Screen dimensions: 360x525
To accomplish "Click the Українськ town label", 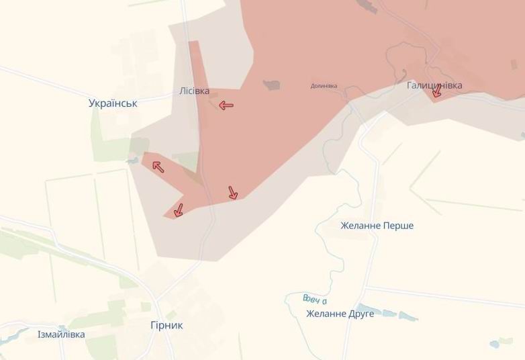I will tap(113, 103).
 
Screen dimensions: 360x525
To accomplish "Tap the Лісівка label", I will tap(195, 91).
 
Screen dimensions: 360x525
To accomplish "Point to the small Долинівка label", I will tap(324, 86).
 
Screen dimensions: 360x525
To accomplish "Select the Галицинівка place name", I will tap(434, 86).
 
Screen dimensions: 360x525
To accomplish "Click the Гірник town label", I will tap(166, 326).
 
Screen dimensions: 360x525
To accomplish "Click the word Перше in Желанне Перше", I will tap(398, 226).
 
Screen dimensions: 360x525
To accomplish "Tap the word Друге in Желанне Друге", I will tap(360, 314).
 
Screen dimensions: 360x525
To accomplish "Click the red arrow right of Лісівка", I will tap(226, 105).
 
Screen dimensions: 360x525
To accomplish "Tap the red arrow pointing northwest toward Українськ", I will tap(158, 166).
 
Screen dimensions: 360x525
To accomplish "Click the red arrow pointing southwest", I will tap(179, 210).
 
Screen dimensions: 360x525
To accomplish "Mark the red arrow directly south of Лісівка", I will tap(233, 193).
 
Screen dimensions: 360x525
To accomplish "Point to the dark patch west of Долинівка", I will tap(272, 85).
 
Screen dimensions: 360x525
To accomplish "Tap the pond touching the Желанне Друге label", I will tap(387, 313).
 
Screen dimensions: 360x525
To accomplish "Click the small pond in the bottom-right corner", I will tap(495, 344).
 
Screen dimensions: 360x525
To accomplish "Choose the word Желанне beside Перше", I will tap(361, 226).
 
